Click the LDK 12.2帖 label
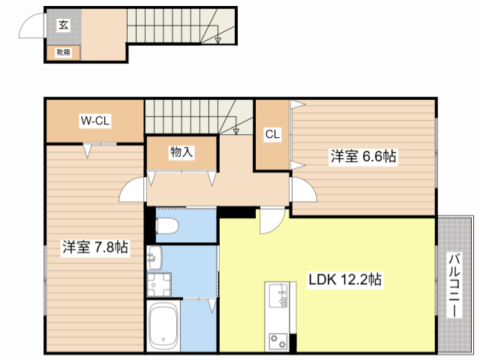point(346,280)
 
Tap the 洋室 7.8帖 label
point(94,247)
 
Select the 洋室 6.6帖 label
point(364,157)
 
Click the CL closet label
point(271,135)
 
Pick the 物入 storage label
point(181,152)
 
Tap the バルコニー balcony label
point(454,287)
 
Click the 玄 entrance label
point(63,25)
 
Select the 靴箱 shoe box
point(63,52)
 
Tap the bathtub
point(163,326)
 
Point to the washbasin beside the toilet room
point(155,257)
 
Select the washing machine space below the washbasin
point(158,286)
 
